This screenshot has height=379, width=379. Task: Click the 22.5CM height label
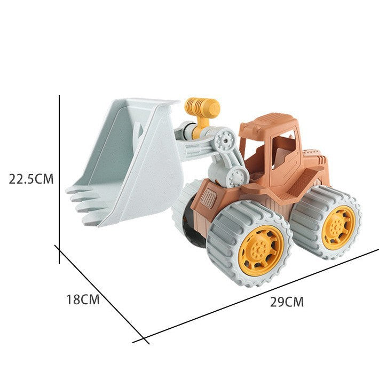(x=31, y=179)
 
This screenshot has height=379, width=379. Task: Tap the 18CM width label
(x=83, y=299)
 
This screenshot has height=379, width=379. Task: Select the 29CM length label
(x=287, y=302)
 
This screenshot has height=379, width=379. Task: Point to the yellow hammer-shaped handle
(x=202, y=114)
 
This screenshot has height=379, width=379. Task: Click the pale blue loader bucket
(x=125, y=162)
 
